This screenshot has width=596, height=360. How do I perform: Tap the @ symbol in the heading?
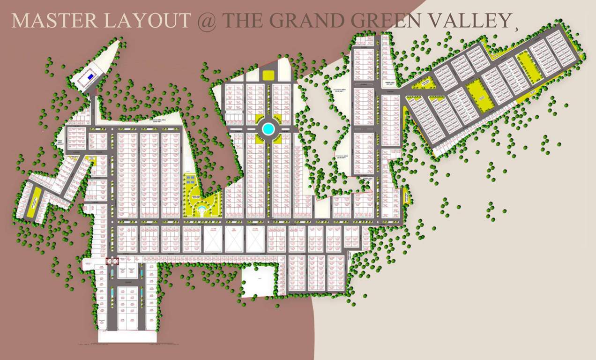coord(206,21)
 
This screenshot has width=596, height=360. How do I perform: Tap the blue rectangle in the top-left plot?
coord(91,76)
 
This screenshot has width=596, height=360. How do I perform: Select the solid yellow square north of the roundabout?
coord(268,75)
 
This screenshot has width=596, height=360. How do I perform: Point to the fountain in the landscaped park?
coord(201,209)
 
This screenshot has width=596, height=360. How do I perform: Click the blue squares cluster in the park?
coord(190,180)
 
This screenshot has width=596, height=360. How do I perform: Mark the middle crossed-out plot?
coord(233,239)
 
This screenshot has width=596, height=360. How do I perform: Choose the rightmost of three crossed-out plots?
coord(255,239)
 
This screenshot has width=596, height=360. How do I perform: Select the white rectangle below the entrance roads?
coord(127,337)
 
